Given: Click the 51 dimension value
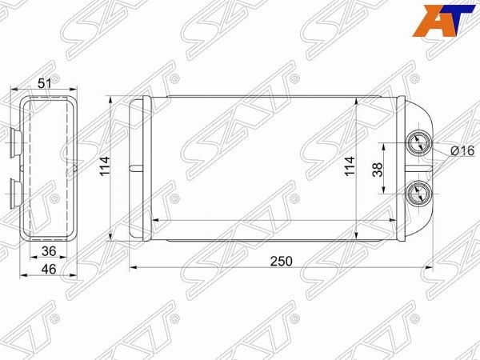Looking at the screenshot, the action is point(44,82).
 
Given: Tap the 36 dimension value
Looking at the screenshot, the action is point(49,251).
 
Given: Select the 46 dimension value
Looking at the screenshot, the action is point(49,269).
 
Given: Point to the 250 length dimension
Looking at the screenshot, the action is point(281,261).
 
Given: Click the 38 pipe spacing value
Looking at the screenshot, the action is point(378,170).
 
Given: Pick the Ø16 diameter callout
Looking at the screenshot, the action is point(462,150).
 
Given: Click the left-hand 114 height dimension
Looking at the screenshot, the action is point(105,166).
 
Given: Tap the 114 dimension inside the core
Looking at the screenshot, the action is point(350,166).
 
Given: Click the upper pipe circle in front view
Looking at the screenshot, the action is point(418,143).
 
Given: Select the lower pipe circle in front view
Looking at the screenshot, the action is point(418,194).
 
